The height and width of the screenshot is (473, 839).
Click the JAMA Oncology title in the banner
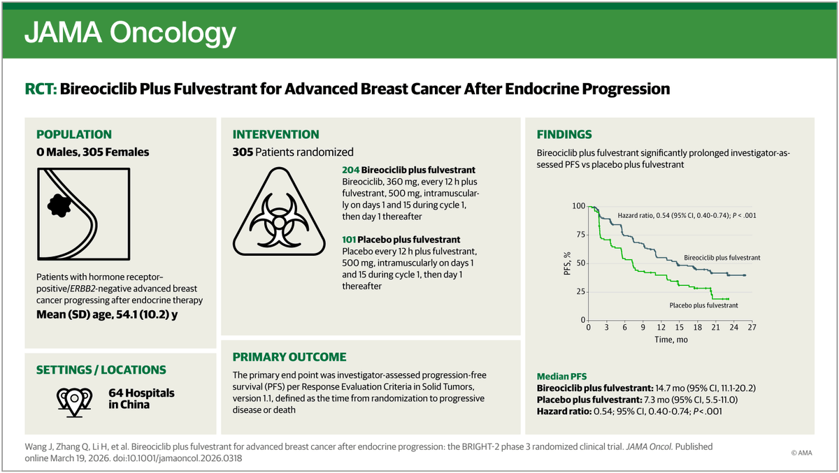[x=130, y=32]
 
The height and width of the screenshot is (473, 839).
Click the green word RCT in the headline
[x=40, y=89]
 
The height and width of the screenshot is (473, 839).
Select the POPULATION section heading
[x=73, y=135]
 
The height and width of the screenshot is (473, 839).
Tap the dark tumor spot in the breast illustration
[x=59, y=205]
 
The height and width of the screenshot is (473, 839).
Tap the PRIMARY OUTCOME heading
[x=289, y=357]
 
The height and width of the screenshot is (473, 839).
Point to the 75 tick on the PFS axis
[x=579, y=235]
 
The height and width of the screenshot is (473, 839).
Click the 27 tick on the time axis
[x=751, y=327]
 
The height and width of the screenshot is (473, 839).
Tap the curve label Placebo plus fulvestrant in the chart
[x=703, y=305]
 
